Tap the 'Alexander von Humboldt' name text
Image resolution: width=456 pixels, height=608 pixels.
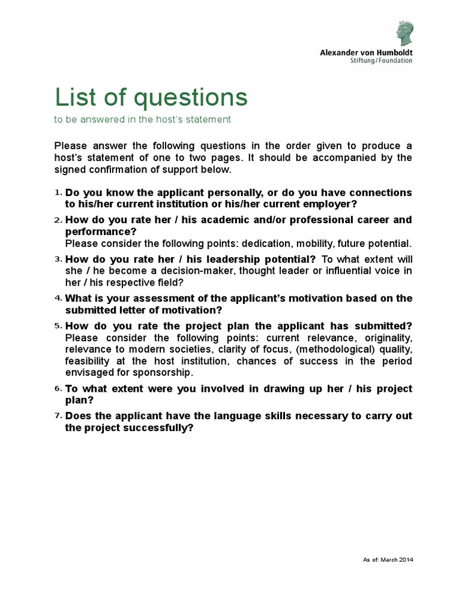[x=366, y=52]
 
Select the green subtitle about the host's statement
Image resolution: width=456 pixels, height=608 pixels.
[x=142, y=119]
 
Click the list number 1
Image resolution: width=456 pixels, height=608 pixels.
[x=58, y=193]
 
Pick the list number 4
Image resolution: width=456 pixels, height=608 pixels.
[x=58, y=298]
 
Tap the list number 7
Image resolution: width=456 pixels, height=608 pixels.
[x=58, y=416]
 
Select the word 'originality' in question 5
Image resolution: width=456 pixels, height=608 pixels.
[x=384, y=338]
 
